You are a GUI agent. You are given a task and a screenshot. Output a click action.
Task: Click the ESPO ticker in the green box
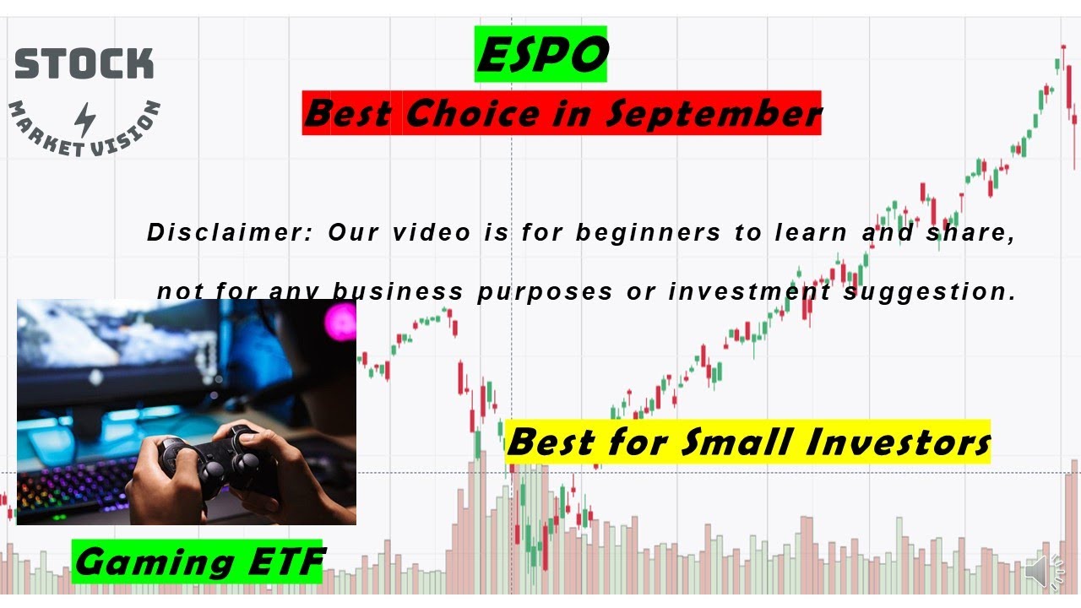point(541,56)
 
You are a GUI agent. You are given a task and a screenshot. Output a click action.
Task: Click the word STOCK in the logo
point(84,64)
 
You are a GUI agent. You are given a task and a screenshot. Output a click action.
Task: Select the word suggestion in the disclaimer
point(929,291)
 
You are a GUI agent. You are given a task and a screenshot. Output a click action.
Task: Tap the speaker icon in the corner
point(1046,573)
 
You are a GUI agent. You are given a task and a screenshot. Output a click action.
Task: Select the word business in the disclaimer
point(397,291)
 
